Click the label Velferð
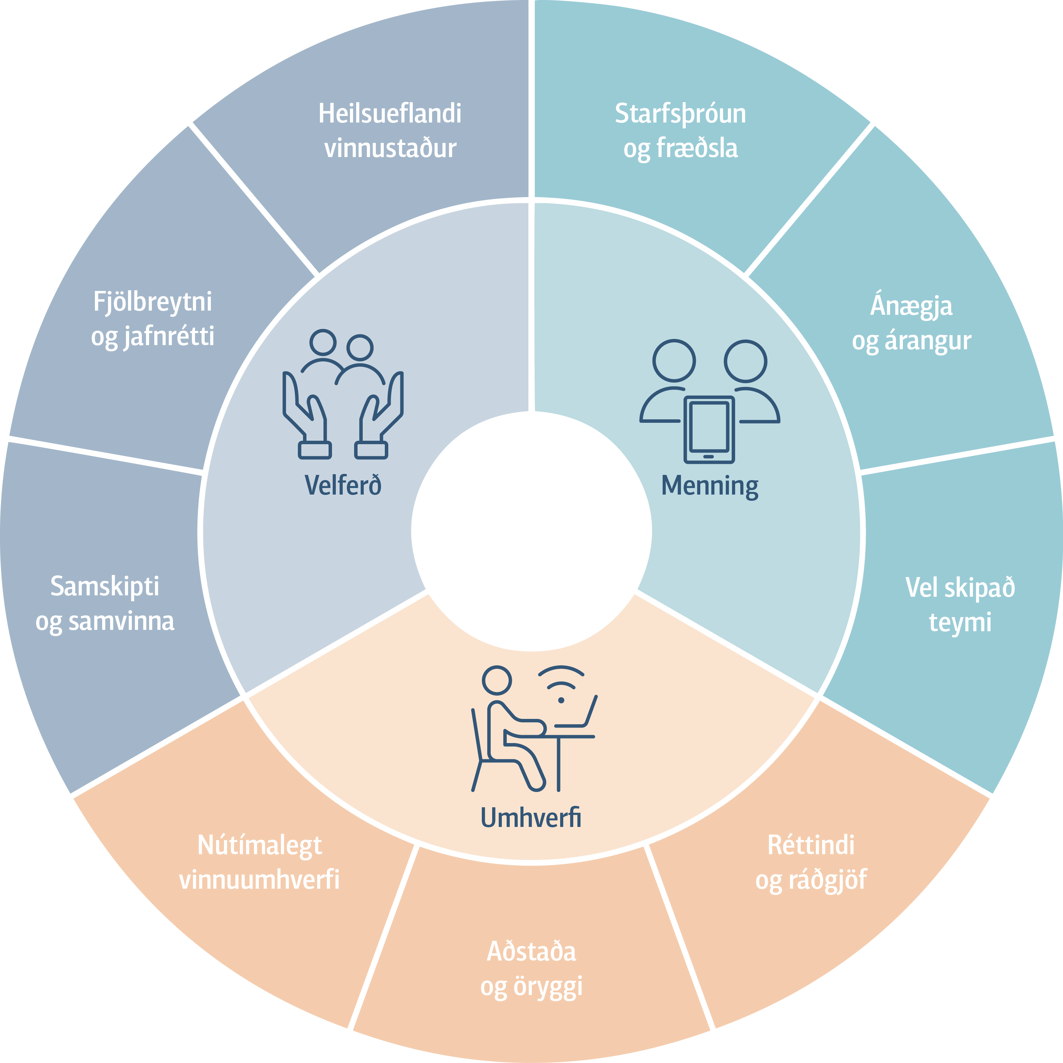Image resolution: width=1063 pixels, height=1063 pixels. (343, 485)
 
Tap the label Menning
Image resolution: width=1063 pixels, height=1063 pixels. (710, 486)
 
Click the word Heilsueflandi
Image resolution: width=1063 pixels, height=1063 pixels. (390, 113)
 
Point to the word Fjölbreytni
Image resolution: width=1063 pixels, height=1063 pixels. (153, 302)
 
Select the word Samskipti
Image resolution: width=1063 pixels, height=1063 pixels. (105, 586)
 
